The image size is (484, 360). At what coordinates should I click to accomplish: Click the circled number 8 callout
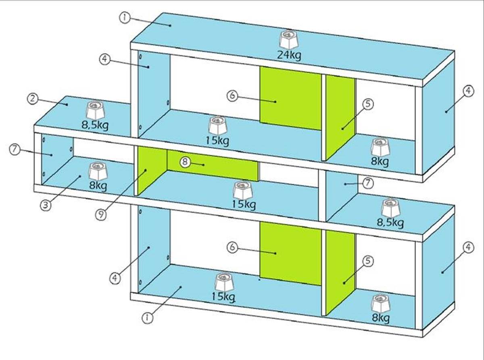(x=185, y=162)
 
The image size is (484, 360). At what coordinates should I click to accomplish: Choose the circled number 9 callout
(x=101, y=214)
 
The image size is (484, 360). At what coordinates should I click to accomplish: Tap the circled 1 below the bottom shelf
(x=148, y=317)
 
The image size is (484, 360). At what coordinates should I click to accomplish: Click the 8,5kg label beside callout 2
(x=95, y=125)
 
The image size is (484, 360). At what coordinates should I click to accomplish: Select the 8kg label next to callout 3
(x=98, y=186)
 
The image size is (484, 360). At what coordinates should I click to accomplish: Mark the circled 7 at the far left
(x=15, y=149)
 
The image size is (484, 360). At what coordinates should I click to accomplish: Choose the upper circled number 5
(x=368, y=104)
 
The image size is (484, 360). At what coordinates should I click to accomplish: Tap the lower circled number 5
(x=368, y=261)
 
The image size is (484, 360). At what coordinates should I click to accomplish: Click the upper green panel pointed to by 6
(x=290, y=99)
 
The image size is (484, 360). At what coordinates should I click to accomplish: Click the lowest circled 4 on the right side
(x=468, y=247)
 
